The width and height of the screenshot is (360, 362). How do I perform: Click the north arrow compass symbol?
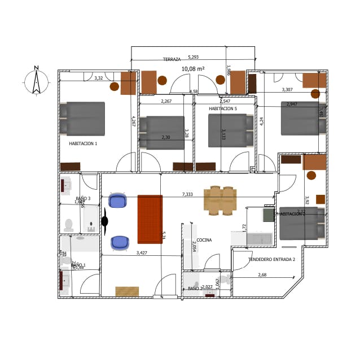tap(36, 80)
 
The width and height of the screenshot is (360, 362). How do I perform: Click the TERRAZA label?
tap(172, 59)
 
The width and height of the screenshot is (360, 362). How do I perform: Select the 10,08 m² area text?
tap(192, 69)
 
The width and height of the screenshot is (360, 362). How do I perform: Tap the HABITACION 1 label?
tap(83, 144)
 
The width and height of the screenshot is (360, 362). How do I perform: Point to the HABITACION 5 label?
tap(223, 108)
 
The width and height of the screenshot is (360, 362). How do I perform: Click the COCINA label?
tap(204, 240)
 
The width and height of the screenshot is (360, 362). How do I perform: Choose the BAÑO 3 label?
tap(83, 198)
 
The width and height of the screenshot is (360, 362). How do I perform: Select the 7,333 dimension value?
tap(187, 194)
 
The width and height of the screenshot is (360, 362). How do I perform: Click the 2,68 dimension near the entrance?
tap(262, 274)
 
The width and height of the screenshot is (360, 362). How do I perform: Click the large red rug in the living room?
tap(150, 219)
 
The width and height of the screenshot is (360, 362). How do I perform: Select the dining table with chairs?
tap(221, 201)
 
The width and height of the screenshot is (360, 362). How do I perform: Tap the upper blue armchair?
tap(118, 201)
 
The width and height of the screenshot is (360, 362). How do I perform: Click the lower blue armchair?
tap(120, 242)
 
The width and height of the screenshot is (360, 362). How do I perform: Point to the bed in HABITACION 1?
tap(83, 119)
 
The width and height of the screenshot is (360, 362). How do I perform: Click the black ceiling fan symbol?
tap(105, 221)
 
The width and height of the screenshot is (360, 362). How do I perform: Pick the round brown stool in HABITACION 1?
tap(115, 87)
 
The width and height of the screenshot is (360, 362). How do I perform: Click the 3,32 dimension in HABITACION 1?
tap(99, 77)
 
